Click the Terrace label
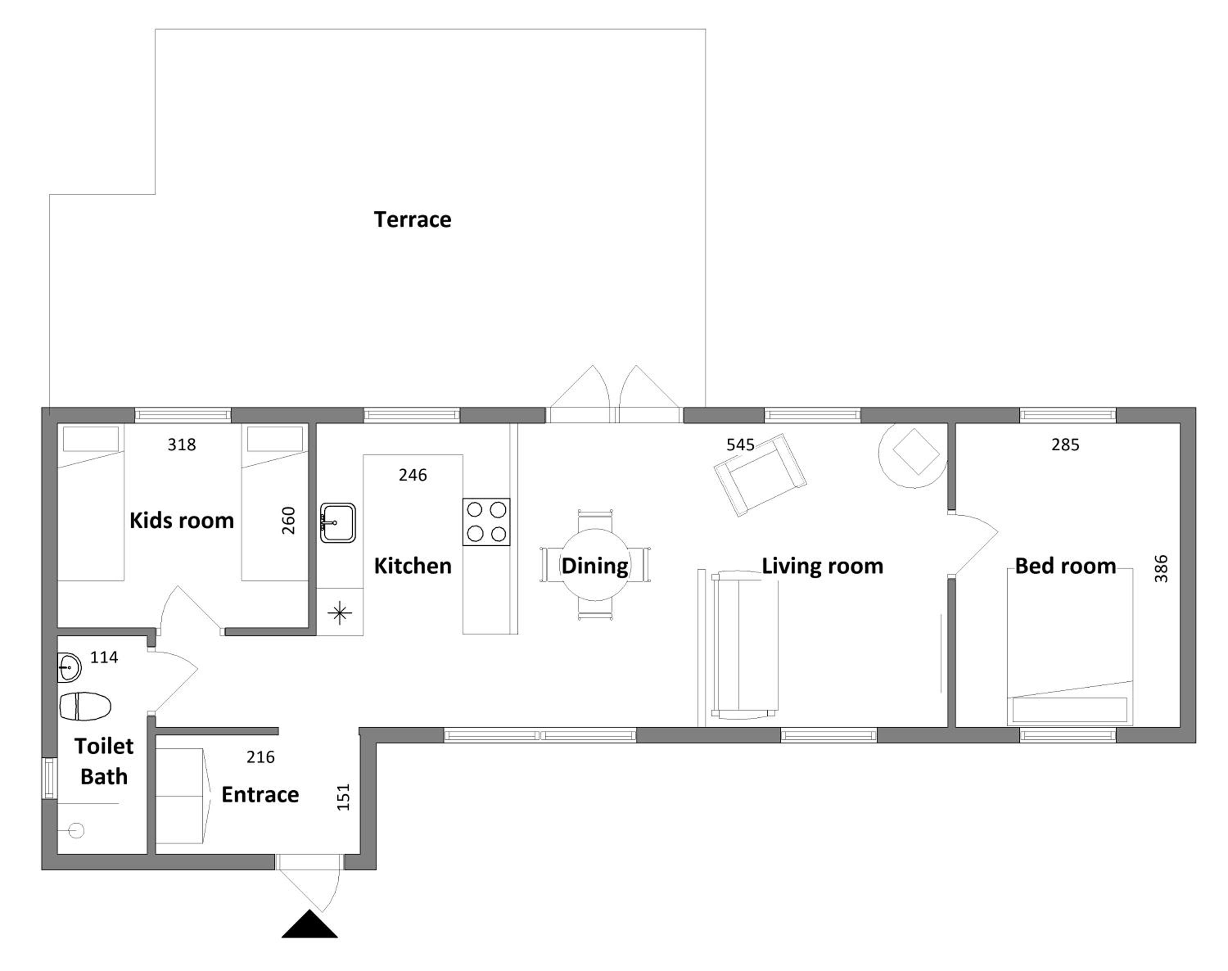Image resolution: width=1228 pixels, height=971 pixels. point(412,219)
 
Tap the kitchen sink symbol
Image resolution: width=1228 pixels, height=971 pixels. point(338,522)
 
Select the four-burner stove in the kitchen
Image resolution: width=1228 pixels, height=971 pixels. point(486,522)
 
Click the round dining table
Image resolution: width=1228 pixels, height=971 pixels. point(595,565)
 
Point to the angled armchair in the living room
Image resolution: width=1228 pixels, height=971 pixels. point(760,475)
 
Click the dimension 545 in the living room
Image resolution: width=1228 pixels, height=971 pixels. point(740,445)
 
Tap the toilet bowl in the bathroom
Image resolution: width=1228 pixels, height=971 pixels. point(85,706)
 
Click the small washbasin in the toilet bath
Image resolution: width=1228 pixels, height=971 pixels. point(69,667)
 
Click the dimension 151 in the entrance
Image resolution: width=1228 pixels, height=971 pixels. point(343,797)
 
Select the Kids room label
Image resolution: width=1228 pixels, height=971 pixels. point(181,520)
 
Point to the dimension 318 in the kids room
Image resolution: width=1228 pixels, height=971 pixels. point(181,445)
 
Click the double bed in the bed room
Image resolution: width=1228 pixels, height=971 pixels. point(1069,647)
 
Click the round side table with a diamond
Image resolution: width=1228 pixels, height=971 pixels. point(912,455)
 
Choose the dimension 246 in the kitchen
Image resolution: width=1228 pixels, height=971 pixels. point(412,475)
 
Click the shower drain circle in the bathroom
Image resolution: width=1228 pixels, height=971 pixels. point(77,831)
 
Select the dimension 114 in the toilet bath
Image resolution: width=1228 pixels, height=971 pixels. point(104,657)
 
